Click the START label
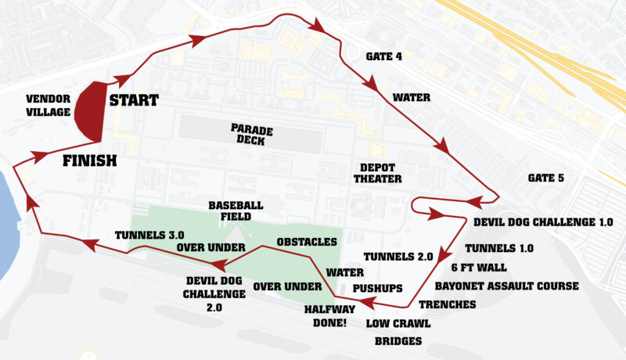[x=133, y=100]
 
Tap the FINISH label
[x=89, y=161]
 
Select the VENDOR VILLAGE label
[x=49, y=105]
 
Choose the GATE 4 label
[x=384, y=56]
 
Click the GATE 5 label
[x=545, y=178]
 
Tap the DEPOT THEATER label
[x=380, y=172]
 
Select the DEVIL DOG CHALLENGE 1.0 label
[x=543, y=222]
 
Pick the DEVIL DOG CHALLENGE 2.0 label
[x=203, y=287]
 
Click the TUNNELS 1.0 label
[x=499, y=248]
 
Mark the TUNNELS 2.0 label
[x=398, y=257]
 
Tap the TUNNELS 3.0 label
[x=149, y=234]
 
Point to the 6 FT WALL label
[x=484, y=267]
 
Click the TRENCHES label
[x=448, y=304]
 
